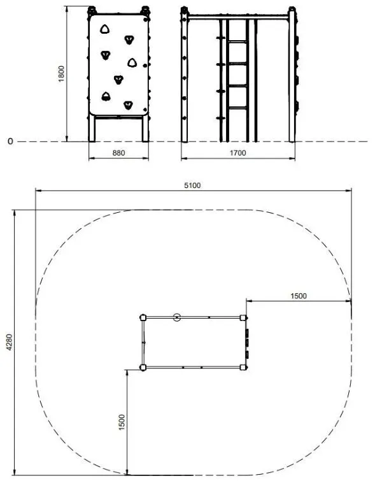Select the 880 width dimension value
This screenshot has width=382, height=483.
(x=118, y=153)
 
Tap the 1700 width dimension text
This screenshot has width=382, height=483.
(x=237, y=153)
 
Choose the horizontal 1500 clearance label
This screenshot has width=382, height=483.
(x=298, y=296)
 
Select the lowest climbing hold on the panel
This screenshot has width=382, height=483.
(x=129, y=105)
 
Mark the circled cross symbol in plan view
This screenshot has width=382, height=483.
(x=177, y=317)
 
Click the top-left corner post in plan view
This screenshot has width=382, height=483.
(x=143, y=317)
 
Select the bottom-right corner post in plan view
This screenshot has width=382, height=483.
(x=243, y=367)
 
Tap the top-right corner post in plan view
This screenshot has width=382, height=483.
(x=243, y=317)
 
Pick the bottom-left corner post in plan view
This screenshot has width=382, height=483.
(x=143, y=367)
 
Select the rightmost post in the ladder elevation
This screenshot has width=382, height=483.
(x=292, y=76)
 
